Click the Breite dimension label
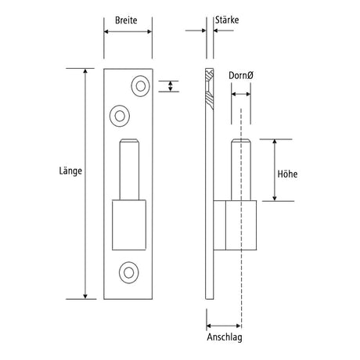coord(126,20)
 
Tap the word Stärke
coord(227,20)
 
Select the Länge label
coord(70,171)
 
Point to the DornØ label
coord(241,76)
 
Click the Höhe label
coord(287,174)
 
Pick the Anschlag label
coord(225,337)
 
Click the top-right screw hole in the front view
coord(141,86)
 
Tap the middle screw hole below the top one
coord(120,117)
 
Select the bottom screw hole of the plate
coord(129,272)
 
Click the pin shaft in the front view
coord(129,170)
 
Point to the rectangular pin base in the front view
coord(129,225)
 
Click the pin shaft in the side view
coord(241,170)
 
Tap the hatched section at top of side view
coord(210,89)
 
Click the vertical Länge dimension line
coord(85,184)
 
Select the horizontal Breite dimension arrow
coord(128,31)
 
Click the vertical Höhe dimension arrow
coord(275,170)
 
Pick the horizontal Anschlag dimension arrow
coord(224,326)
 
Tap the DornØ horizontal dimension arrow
coord(241,94)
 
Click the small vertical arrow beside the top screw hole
coord(171,86)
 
